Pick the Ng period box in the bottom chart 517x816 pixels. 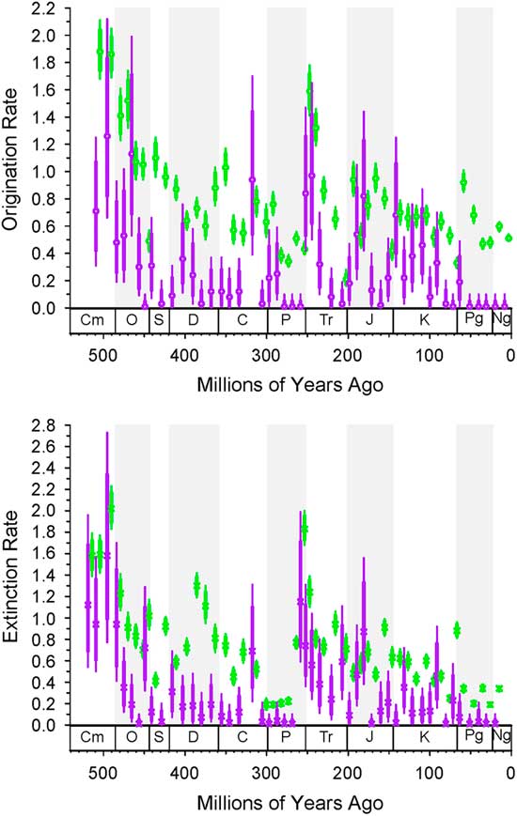(501, 739)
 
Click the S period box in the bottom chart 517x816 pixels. (159, 739)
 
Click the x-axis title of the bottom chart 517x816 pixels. (290, 803)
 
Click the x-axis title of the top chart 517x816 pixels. (290, 386)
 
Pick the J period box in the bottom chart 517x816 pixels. (369, 739)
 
